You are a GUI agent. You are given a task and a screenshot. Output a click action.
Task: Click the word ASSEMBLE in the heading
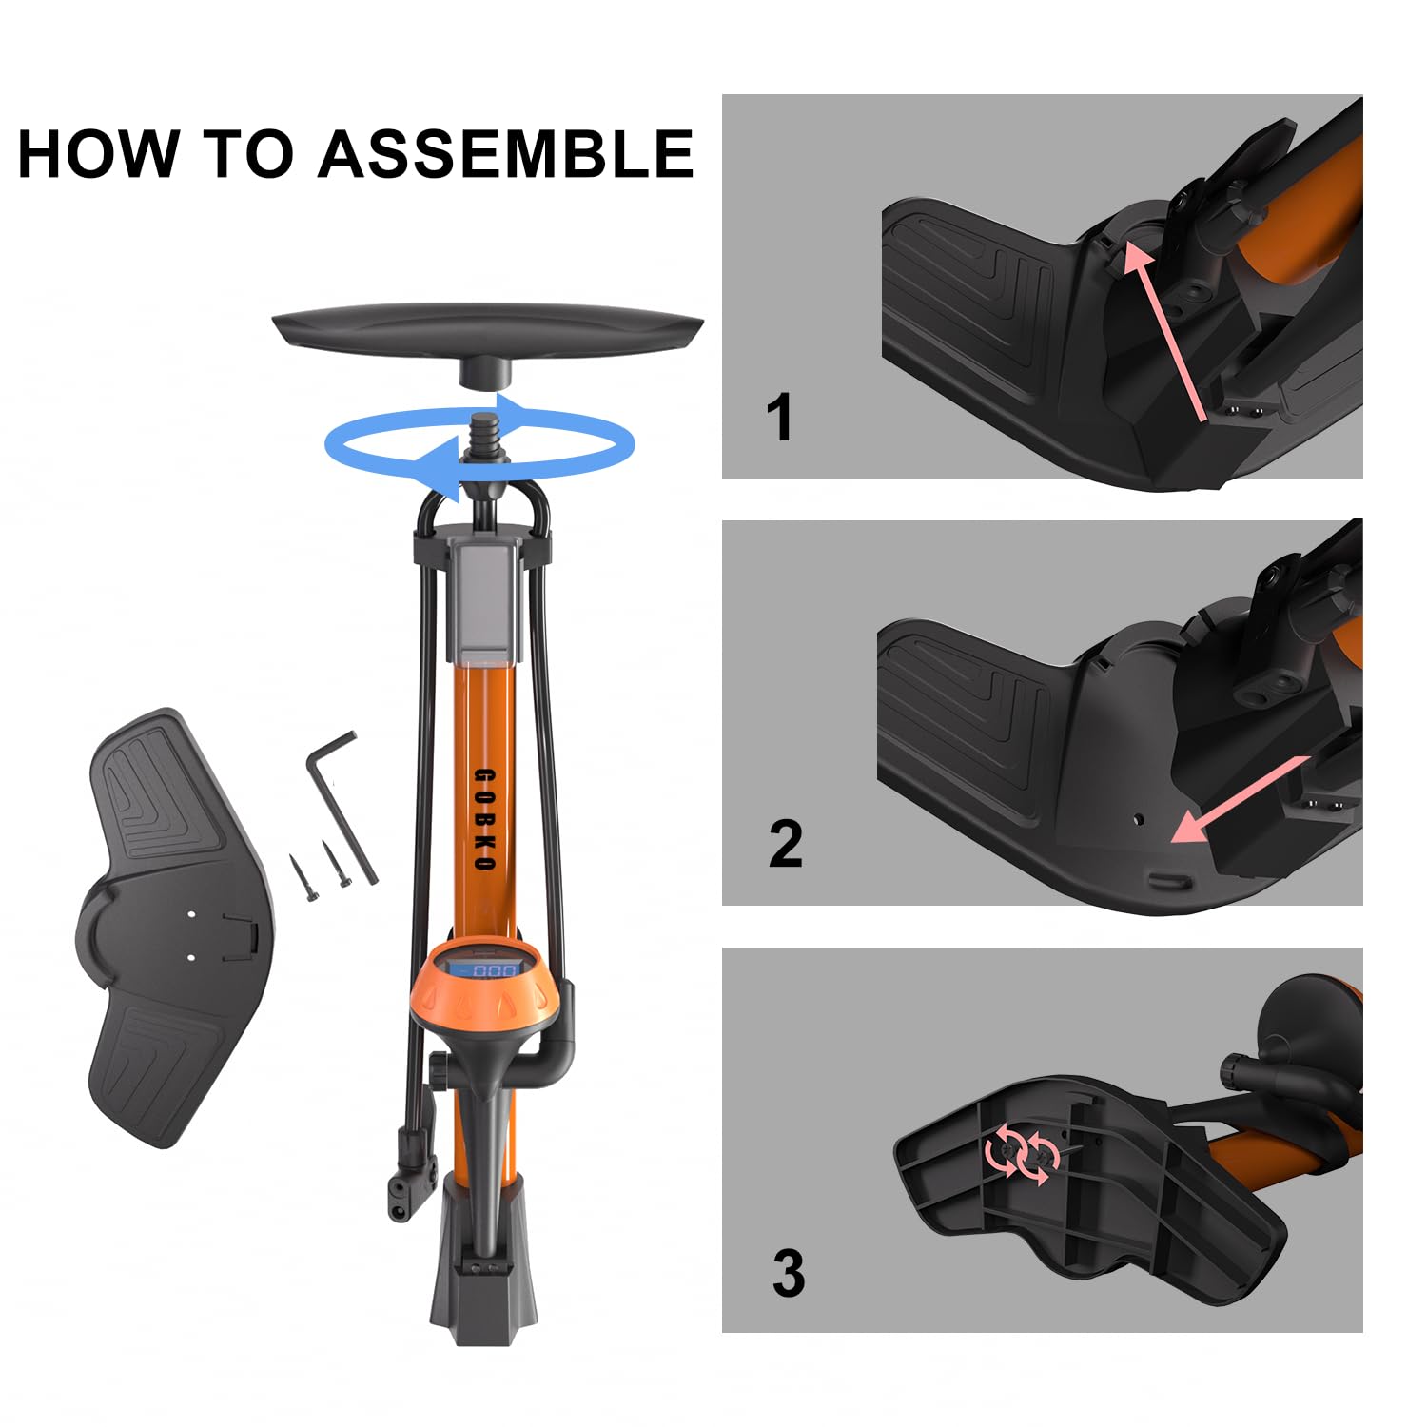pyautogui.click(x=505, y=154)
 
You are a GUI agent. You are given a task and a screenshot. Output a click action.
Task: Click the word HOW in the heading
pyautogui.click(x=98, y=154)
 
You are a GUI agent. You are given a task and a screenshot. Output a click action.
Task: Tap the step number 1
pyautogui.click(x=779, y=418)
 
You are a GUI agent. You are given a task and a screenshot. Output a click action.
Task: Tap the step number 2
pyautogui.click(x=785, y=844)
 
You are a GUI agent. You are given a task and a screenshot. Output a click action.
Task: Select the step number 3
pyautogui.click(x=788, y=1273)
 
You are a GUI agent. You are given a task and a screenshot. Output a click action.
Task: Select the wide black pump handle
pyautogui.click(x=487, y=329)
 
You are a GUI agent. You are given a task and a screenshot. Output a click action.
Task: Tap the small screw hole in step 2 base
pyautogui.click(x=1139, y=817)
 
